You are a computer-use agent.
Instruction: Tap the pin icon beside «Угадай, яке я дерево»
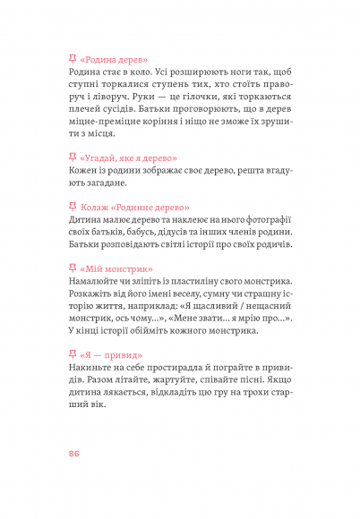click(x=73, y=157)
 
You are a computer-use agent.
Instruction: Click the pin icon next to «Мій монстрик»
click(x=73, y=267)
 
